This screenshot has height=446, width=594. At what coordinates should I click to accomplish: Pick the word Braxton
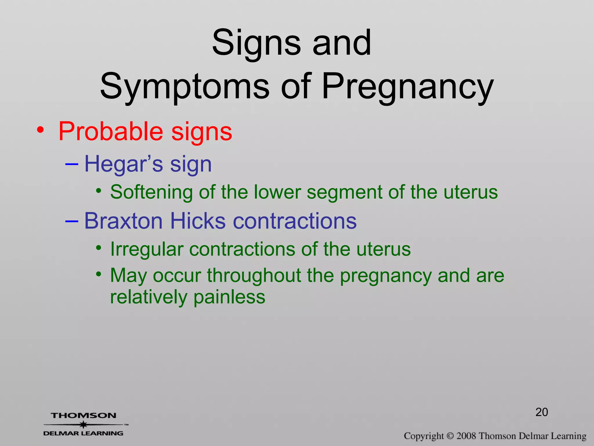click(123, 221)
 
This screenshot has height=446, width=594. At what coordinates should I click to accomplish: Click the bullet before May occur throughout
click(99, 274)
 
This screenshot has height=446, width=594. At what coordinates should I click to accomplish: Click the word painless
click(229, 297)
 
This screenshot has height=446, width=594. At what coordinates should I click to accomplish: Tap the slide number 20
click(542, 412)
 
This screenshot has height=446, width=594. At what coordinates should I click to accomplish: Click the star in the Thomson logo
click(84, 425)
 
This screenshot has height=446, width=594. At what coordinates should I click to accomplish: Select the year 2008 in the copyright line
click(466, 436)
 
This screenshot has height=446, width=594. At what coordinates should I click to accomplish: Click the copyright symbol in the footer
click(450, 436)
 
